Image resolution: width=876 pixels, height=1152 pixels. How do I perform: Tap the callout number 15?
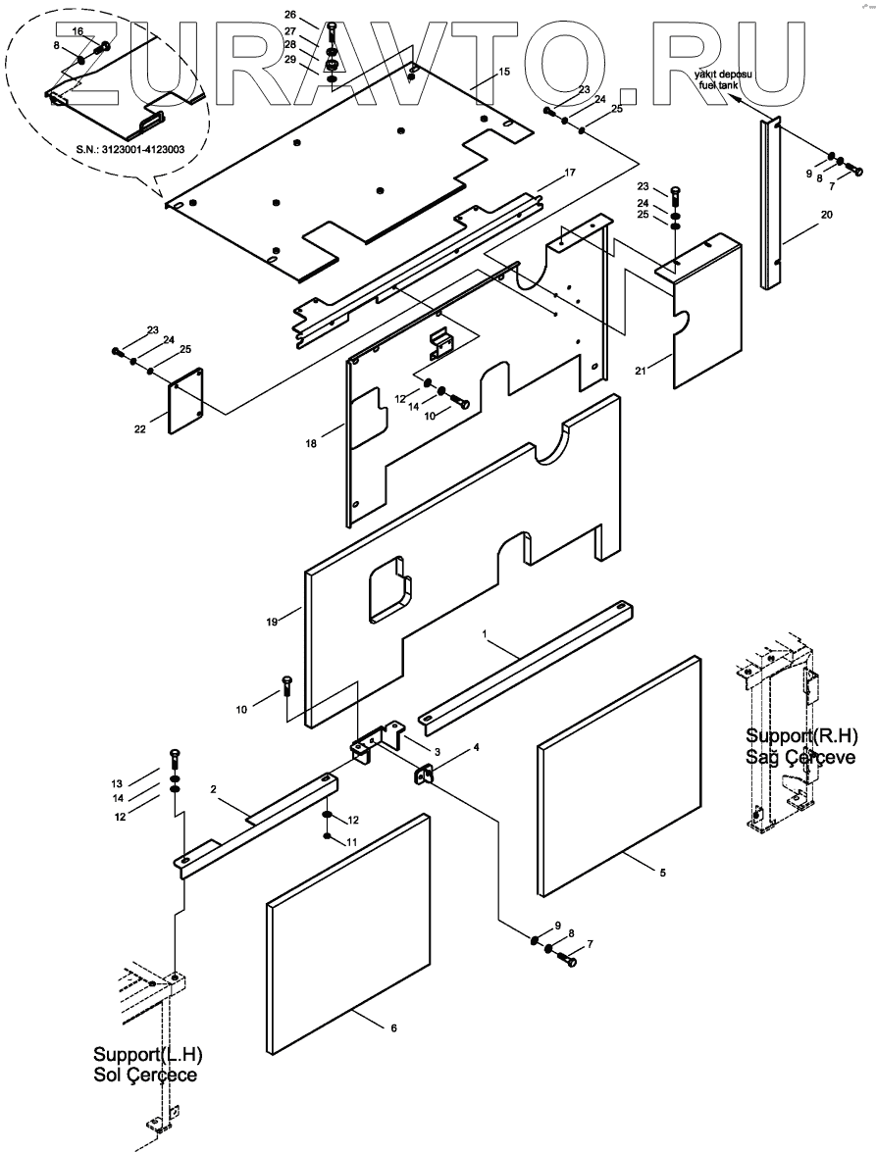[503, 72]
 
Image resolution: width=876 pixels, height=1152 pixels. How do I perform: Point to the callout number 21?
[641, 370]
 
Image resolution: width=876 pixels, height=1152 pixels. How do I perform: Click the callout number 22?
[138, 428]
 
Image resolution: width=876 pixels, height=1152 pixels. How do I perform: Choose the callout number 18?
[311, 444]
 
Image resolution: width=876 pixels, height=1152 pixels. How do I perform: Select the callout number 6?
[393, 1027]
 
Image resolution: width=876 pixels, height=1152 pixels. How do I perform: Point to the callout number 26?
[288, 15]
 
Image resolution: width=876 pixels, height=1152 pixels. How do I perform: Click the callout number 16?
[77, 31]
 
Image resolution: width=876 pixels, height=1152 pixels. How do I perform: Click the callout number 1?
[484, 634]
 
